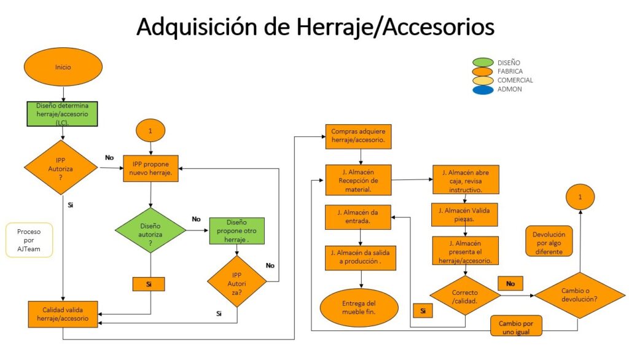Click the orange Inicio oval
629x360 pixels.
click(63, 67)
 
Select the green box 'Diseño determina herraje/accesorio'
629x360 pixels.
click(63, 114)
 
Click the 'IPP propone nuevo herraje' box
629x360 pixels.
click(150, 168)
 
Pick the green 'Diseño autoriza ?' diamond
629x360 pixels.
click(150, 230)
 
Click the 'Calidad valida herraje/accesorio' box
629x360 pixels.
click(62, 313)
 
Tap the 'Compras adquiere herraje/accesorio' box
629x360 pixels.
click(357, 136)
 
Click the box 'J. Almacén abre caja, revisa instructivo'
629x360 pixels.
click(465, 180)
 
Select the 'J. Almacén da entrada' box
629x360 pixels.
click(357, 217)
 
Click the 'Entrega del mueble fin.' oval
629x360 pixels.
click(359, 308)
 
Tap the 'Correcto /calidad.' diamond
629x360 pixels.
click(465, 296)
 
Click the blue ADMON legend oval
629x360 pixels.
click(483, 90)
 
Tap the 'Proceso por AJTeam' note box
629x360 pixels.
click(29, 240)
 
